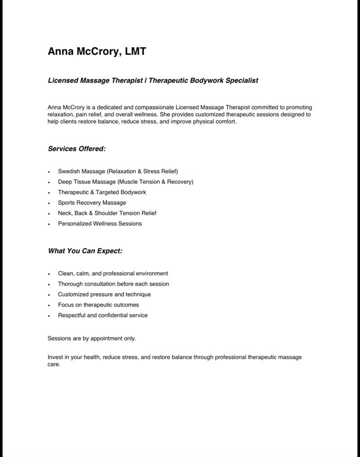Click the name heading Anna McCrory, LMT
tap(96, 51)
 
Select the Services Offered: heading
tap(76, 148)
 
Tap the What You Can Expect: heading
tap(85, 251)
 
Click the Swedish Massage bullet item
tap(117, 171)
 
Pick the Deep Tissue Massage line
tap(125, 182)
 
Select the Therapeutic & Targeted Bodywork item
tap(102, 192)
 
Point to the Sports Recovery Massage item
tap(92, 203)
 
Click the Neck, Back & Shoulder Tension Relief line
tap(107, 213)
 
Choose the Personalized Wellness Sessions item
tap(100, 224)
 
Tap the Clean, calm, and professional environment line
tap(113, 274)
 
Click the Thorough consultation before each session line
tap(113, 284)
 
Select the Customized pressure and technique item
tap(104, 295)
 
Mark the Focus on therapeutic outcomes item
tap(98, 305)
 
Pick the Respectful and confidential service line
tap(103, 316)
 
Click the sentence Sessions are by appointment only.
tap(92, 339)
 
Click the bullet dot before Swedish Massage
tap(49, 172)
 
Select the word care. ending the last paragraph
tap(54, 365)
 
